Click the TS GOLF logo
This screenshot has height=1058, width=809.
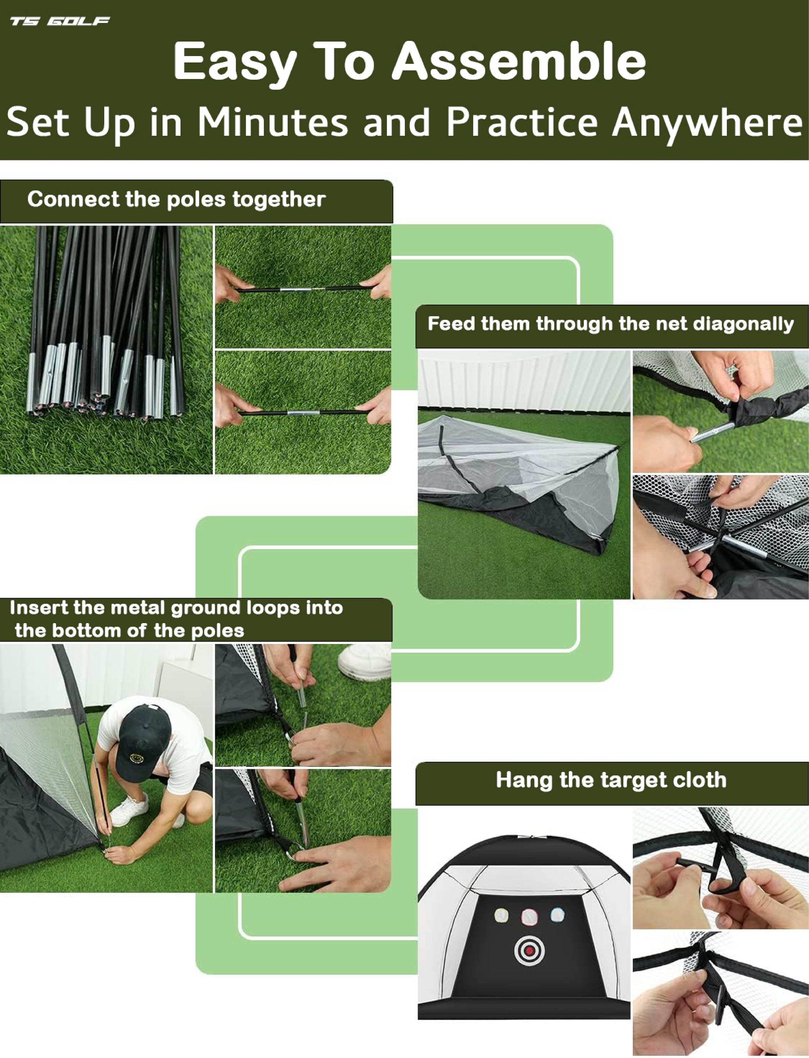point(60,21)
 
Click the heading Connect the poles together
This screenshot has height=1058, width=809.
point(176,199)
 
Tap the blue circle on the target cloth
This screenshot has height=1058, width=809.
point(558,914)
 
